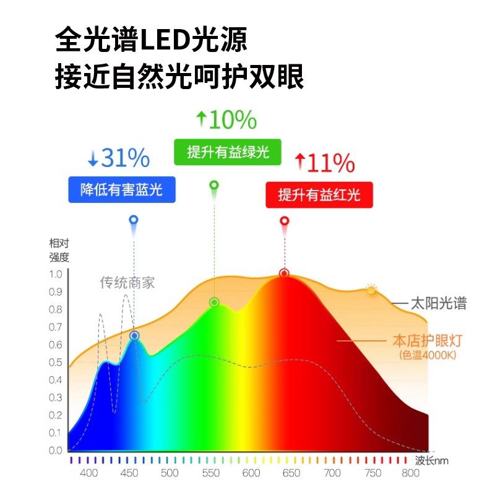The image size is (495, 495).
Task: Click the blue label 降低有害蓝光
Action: point(121,190)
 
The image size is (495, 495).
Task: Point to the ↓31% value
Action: point(118,159)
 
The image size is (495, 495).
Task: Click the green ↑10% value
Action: point(225,120)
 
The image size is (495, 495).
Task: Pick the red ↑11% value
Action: point(324,163)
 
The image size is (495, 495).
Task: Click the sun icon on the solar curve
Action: point(371,290)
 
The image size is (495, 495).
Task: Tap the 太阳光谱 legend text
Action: point(437,303)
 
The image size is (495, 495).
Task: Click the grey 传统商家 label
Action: point(127,283)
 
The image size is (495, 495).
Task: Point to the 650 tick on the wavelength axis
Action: point(290,473)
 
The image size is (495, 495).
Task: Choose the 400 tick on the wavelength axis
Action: point(89,473)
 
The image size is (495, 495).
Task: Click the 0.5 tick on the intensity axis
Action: point(56,362)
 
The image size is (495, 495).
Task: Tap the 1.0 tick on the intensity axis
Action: point(56,273)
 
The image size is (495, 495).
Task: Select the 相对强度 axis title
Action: point(59,250)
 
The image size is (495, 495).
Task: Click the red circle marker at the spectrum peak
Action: point(285,273)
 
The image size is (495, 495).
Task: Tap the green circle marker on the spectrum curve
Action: point(215,302)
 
